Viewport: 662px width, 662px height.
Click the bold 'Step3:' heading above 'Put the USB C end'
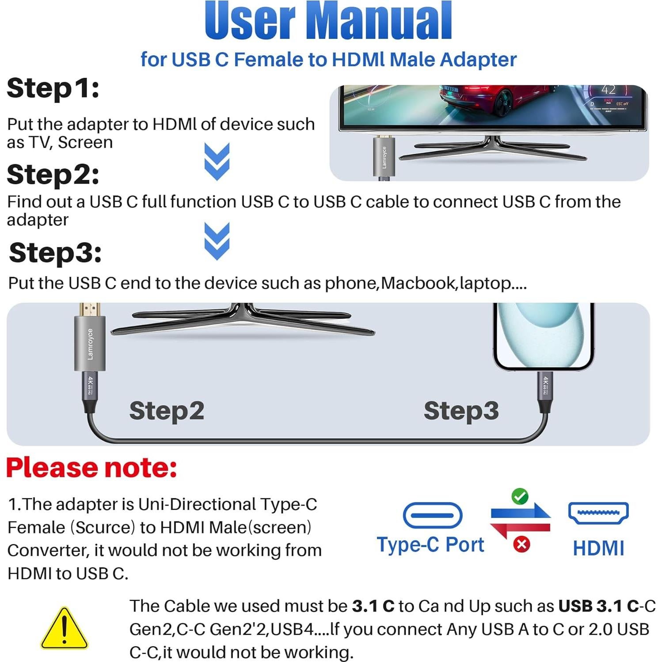tap(55, 252)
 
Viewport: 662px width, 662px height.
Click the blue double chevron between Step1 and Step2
tap(217, 161)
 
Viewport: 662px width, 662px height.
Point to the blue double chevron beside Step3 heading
tap(217, 241)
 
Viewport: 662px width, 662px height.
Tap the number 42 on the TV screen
tap(608, 90)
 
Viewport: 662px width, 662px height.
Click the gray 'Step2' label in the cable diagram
tap(167, 411)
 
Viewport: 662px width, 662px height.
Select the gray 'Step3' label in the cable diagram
tap(461, 411)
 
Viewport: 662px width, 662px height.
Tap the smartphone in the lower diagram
tap(544, 336)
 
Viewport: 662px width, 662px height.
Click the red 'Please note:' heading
tap(91, 468)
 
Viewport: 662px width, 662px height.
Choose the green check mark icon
tap(520, 496)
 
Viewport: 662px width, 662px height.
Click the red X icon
tap(521, 544)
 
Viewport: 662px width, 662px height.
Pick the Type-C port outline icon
tap(432, 515)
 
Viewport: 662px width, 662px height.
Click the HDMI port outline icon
tap(598, 513)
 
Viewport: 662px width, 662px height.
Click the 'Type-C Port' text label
tap(430, 544)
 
